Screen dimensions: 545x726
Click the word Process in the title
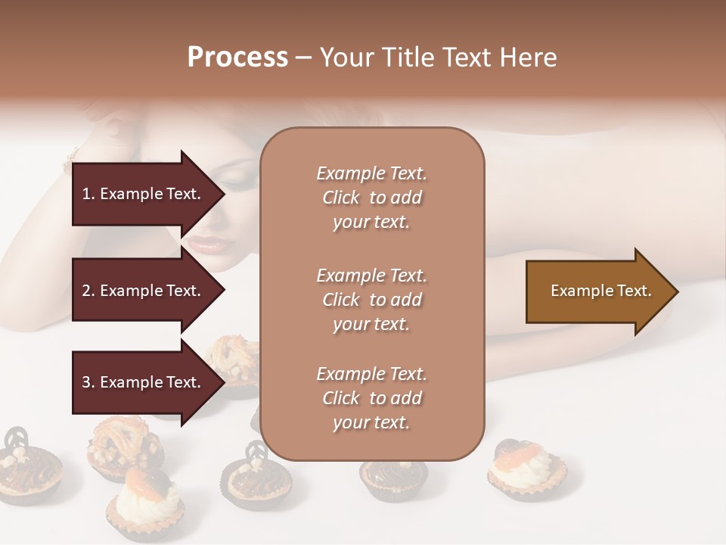tap(237, 58)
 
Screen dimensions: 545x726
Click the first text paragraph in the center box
tap(371, 198)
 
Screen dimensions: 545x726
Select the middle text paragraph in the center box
tap(371, 300)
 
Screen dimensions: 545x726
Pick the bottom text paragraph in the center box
tap(371, 398)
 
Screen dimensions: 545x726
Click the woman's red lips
tap(206, 245)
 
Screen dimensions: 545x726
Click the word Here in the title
tap(529, 58)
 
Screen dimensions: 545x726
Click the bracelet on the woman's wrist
tap(70, 160)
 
